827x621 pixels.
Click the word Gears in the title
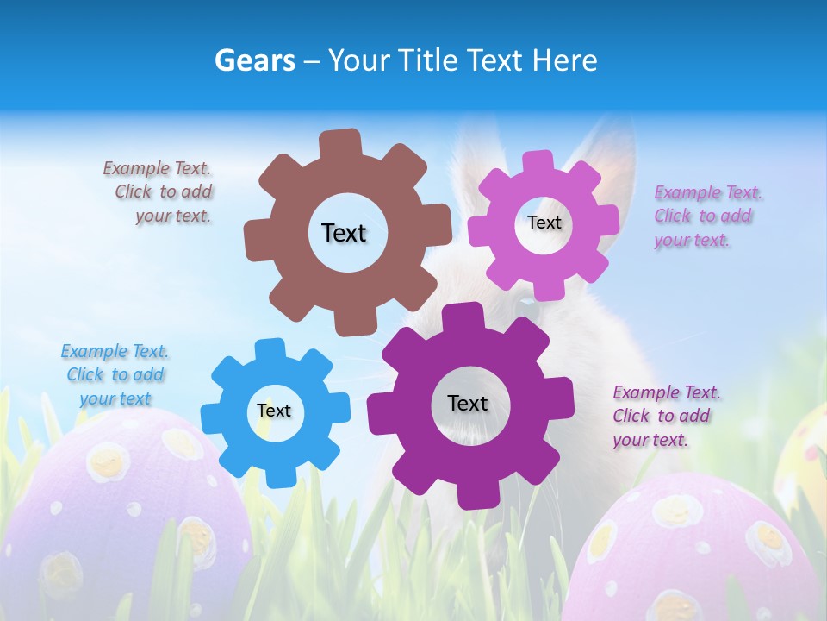tap(255, 60)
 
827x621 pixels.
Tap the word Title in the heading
tap(429, 60)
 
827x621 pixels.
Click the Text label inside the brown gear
tap(344, 233)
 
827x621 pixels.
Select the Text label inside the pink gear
tap(544, 223)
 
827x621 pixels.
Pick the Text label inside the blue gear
tap(274, 411)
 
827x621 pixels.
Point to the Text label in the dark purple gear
tap(468, 403)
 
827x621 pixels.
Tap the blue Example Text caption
tap(115, 375)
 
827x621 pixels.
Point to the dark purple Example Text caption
tap(665, 417)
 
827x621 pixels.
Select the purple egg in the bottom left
tap(121, 517)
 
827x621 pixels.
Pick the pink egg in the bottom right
tap(698, 552)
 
